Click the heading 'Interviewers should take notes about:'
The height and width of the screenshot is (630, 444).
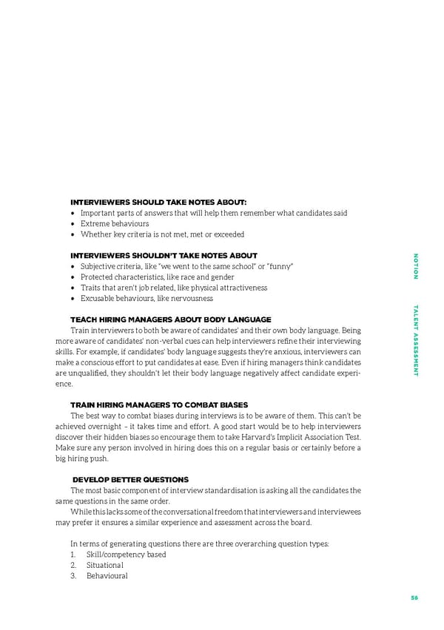[158, 202]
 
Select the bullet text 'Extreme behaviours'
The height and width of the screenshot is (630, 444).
[115, 223]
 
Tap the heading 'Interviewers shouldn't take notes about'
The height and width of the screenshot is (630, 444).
[164, 255]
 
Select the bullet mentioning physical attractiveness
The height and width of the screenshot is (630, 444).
[174, 288]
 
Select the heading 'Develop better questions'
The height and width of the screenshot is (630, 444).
[130, 480]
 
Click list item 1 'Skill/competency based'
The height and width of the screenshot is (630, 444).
[126, 555]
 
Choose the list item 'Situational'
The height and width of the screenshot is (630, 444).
[104, 565]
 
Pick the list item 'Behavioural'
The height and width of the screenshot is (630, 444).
[107, 576]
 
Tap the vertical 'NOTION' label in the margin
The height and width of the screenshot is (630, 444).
[416, 266]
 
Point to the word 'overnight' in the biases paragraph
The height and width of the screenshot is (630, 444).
[104, 427]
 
